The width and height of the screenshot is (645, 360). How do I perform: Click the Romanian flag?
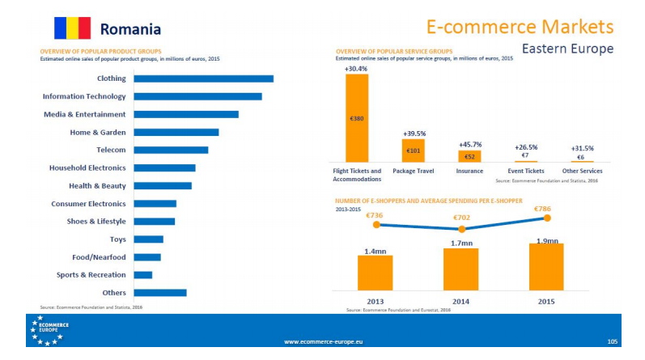click(71, 28)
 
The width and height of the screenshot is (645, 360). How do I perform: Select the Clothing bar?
click(203, 78)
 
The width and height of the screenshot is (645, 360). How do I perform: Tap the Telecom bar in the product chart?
click(171, 150)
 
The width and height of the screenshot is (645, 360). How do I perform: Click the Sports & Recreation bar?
click(142, 275)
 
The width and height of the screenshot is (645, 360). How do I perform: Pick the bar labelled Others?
click(159, 293)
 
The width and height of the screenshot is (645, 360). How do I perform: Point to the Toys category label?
click(117, 239)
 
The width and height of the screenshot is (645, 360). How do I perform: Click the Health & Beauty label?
click(96, 186)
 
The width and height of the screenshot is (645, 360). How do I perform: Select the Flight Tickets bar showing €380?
click(357, 118)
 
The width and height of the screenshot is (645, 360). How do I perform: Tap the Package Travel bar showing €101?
click(413, 150)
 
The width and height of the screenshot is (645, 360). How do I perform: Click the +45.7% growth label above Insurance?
click(469, 143)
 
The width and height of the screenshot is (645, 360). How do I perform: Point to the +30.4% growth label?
click(356, 69)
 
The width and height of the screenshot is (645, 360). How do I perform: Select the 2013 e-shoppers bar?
click(375, 273)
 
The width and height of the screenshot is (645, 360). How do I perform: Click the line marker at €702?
click(461, 230)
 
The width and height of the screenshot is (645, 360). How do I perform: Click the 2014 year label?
click(460, 301)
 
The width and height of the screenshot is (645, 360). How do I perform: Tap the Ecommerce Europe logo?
click(50, 329)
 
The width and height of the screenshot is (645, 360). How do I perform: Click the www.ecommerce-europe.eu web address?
click(323, 342)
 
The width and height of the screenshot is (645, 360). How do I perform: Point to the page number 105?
click(612, 342)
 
